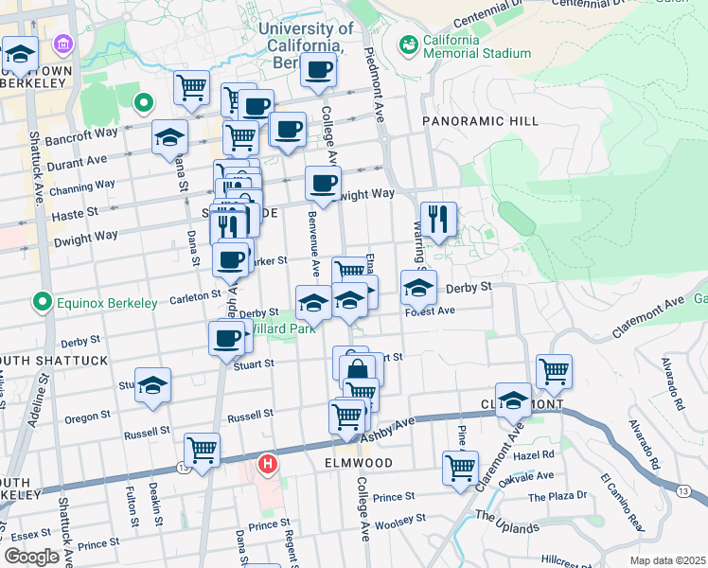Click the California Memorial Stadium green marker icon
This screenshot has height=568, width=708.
point(409,44)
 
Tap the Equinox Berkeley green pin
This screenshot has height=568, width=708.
point(42,303)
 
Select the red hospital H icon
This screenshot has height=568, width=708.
point(269,464)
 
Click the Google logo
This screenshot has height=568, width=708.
point(31,556)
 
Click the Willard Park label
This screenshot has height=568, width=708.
point(281,331)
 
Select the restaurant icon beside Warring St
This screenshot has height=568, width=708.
point(438,220)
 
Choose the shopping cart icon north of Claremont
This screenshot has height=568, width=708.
point(554,371)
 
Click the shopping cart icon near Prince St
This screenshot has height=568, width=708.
point(460,466)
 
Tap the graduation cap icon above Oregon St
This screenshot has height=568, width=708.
point(152,385)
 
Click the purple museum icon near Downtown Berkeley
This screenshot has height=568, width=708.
point(63,44)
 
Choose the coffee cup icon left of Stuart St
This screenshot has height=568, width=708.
point(227,338)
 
